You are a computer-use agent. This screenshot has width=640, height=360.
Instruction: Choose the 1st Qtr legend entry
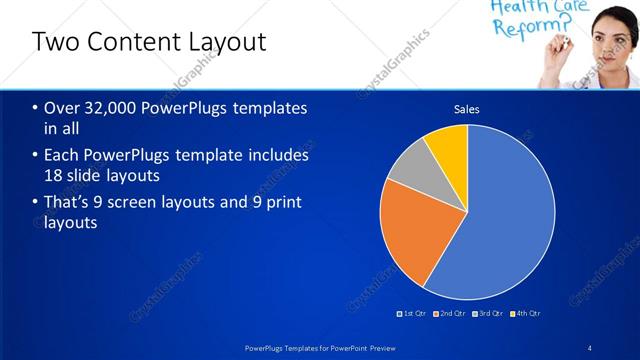pos(412,314)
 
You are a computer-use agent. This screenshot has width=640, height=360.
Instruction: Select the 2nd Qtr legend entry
pos(450,314)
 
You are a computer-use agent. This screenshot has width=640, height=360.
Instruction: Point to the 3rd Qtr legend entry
pos(487,314)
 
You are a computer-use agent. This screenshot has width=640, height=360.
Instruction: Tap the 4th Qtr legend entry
pos(525,314)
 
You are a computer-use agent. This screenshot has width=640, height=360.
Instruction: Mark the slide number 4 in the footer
pos(590,348)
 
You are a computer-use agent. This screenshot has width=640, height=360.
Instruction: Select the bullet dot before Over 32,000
pos(36,108)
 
